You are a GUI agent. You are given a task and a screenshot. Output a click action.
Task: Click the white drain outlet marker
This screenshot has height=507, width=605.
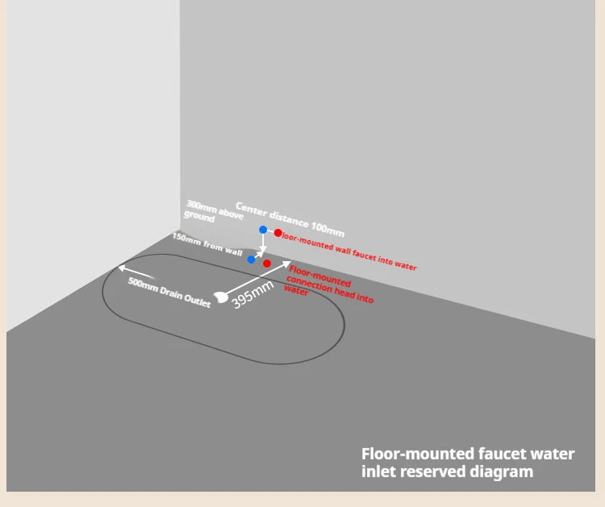(x=221, y=297)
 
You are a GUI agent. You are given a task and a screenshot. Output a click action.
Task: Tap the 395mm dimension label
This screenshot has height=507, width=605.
(x=252, y=294)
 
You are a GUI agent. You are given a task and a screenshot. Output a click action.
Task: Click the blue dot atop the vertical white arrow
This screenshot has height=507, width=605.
(x=263, y=230)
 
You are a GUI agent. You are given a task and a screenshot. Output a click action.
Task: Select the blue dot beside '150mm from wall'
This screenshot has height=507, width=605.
(x=251, y=260)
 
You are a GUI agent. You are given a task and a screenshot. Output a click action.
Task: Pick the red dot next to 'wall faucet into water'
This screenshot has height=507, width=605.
(x=277, y=233)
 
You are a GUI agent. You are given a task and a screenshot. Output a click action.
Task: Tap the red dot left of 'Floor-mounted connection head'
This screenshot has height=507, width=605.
(x=267, y=264)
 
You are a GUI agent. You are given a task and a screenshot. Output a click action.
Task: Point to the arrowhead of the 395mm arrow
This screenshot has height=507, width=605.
(x=286, y=264)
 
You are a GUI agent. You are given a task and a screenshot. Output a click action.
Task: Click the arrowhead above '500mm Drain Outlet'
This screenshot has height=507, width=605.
(x=122, y=267)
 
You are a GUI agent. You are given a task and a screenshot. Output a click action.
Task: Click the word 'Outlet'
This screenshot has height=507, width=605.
(x=197, y=301)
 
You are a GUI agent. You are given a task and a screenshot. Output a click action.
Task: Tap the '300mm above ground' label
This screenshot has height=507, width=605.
(x=214, y=211)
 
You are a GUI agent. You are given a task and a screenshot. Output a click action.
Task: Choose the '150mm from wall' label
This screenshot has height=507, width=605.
(x=207, y=244)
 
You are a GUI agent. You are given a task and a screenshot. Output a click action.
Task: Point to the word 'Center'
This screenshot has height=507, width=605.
(x=251, y=210)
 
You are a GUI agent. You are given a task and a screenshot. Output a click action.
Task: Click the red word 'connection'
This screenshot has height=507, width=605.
(x=309, y=285)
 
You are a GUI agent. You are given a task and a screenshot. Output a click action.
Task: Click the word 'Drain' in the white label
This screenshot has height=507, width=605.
(x=169, y=293)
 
